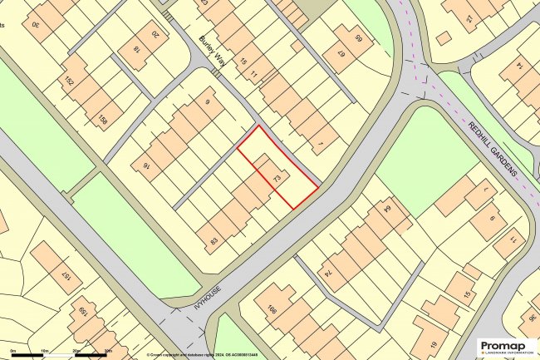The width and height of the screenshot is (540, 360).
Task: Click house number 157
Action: tap(65, 275)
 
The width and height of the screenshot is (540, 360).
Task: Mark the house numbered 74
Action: tap(328, 273)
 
